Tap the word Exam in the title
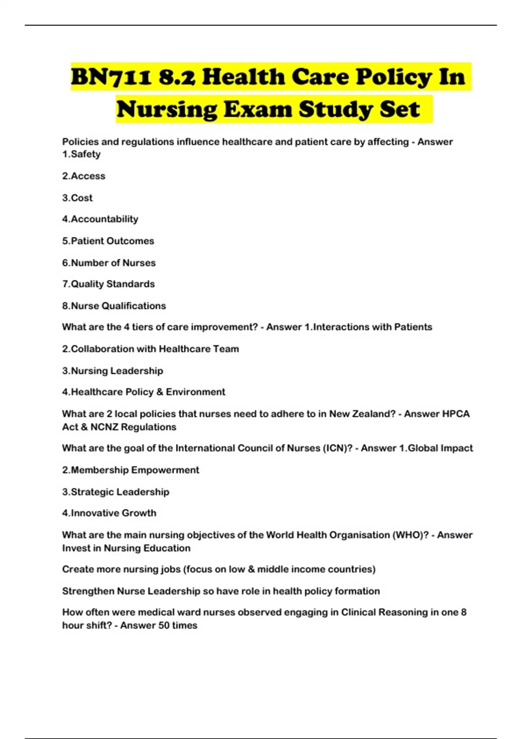(258, 109)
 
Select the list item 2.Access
(84, 176)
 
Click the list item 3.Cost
(77, 198)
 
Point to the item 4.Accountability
(100, 219)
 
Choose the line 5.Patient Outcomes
(108, 241)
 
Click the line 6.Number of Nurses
(109, 263)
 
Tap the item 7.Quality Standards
(108, 284)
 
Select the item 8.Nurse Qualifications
(114, 306)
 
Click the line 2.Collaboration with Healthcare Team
(151, 349)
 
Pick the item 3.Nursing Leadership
(113, 371)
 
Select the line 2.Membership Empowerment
(130, 470)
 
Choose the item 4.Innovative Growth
(109, 513)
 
